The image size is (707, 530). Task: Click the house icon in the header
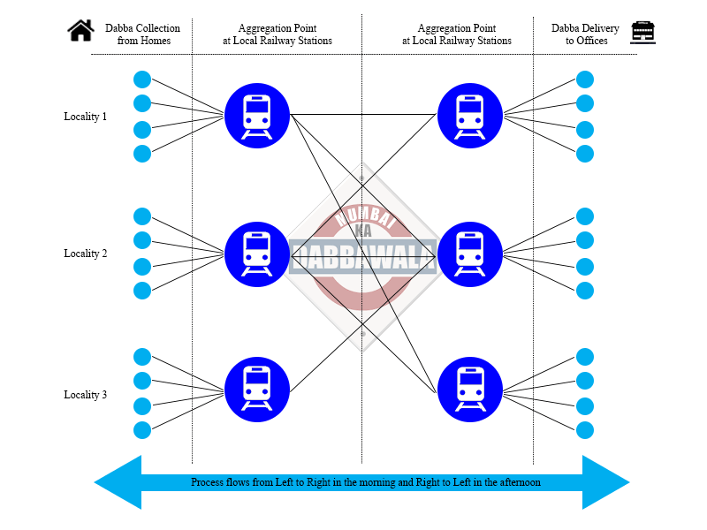pyautogui.click(x=80, y=31)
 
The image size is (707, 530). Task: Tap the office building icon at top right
pyautogui.click(x=642, y=32)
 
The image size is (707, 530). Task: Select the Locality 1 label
pyautogui.click(x=85, y=117)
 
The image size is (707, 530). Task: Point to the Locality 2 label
pyautogui.click(x=85, y=254)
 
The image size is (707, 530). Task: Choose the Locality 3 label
pyautogui.click(x=85, y=395)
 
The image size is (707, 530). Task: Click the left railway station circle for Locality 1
pyautogui.click(x=257, y=115)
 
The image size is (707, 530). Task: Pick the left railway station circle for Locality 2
pyautogui.click(x=257, y=254)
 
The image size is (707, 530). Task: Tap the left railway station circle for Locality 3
pyautogui.click(x=257, y=389)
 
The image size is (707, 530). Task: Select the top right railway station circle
pyautogui.click(x=469, y=115)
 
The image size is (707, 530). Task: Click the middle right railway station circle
pyautogui.click(x=469, y=254)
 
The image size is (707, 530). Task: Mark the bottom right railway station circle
pyautogui.click(x=469, y=389)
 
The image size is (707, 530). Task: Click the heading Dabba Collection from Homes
pyautogui.click(x=142, y=34)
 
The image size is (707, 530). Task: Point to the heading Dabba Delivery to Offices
pyautogui.click(x=585, y=34)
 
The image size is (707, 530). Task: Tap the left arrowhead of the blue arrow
pyautogui.click(x=118, y=482)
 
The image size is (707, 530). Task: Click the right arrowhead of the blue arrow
pyautogui.click(x=605, y=482)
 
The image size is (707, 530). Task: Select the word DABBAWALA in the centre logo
pyautogui.click(x=362, y=255)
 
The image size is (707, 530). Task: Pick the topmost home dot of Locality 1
pyautogui.click(x=142, y=79)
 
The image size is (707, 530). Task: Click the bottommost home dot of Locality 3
pyautogui.click(x=142, y=430)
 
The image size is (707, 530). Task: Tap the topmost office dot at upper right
pyautogui.click(x=585, y=79)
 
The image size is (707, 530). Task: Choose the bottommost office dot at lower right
pyautogui.click(x=585, y=430)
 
